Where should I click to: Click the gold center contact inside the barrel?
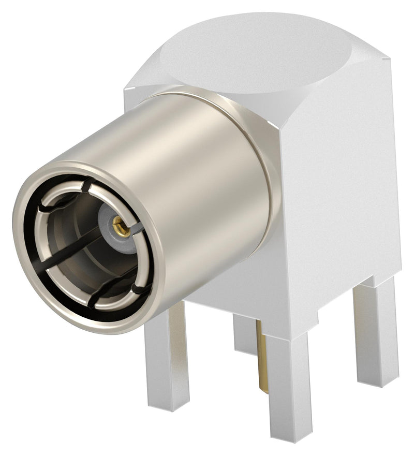(120, 226)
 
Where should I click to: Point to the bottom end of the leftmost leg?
(168, 407)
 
